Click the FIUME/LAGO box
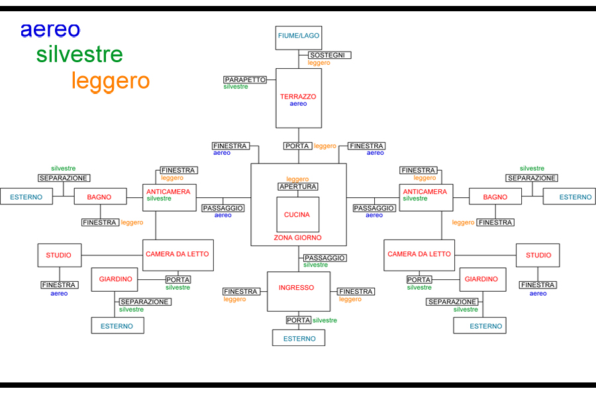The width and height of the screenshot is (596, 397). tap(299, 38)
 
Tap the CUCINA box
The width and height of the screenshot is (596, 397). tap(298, 214)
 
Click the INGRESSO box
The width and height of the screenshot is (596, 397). tap(298, 291)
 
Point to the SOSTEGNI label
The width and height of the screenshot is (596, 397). tap(329, 55)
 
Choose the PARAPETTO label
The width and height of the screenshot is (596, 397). tap(245, 79)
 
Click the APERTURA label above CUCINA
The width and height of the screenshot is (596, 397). tap(297, 187)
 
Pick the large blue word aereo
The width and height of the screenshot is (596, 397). tap(50, 30)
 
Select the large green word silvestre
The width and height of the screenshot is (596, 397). tap(79, 54)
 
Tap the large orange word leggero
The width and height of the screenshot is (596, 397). tap(111, 81)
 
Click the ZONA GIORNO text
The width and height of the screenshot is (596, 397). tap(298, 238)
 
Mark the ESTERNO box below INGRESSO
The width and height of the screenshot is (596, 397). tap(299, 338)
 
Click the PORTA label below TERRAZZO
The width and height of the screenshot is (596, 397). tap(297, 146)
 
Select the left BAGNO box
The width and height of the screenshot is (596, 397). tap(99, 197)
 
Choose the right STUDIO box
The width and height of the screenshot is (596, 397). tap(538, 255)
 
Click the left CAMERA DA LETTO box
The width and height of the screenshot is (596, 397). tap(178, 255)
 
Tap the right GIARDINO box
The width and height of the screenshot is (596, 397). tap(481, 279)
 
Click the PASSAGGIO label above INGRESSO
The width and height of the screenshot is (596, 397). tap(324, 257)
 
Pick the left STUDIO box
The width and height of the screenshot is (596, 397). tap(59, 255)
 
